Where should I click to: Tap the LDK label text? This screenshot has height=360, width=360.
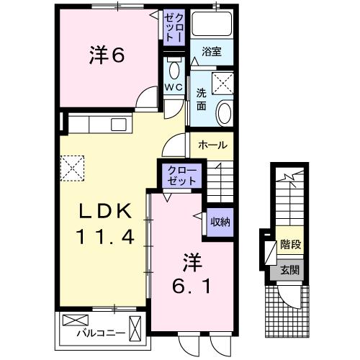105,211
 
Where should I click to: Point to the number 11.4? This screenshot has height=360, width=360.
105,236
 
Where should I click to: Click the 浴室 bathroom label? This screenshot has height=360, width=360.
211,52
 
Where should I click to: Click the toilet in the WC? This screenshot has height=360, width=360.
174,70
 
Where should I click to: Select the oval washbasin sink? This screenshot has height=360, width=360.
223,113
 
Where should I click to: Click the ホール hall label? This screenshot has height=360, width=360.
212,145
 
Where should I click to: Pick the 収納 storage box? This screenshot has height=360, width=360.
220,222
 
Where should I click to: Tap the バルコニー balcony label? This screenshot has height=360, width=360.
100,333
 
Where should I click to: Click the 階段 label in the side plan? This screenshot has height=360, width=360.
291,245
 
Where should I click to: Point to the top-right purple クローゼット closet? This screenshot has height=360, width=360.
174,27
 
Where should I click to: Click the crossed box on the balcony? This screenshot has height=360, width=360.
73,320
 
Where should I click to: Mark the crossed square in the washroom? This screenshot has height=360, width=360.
223,83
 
